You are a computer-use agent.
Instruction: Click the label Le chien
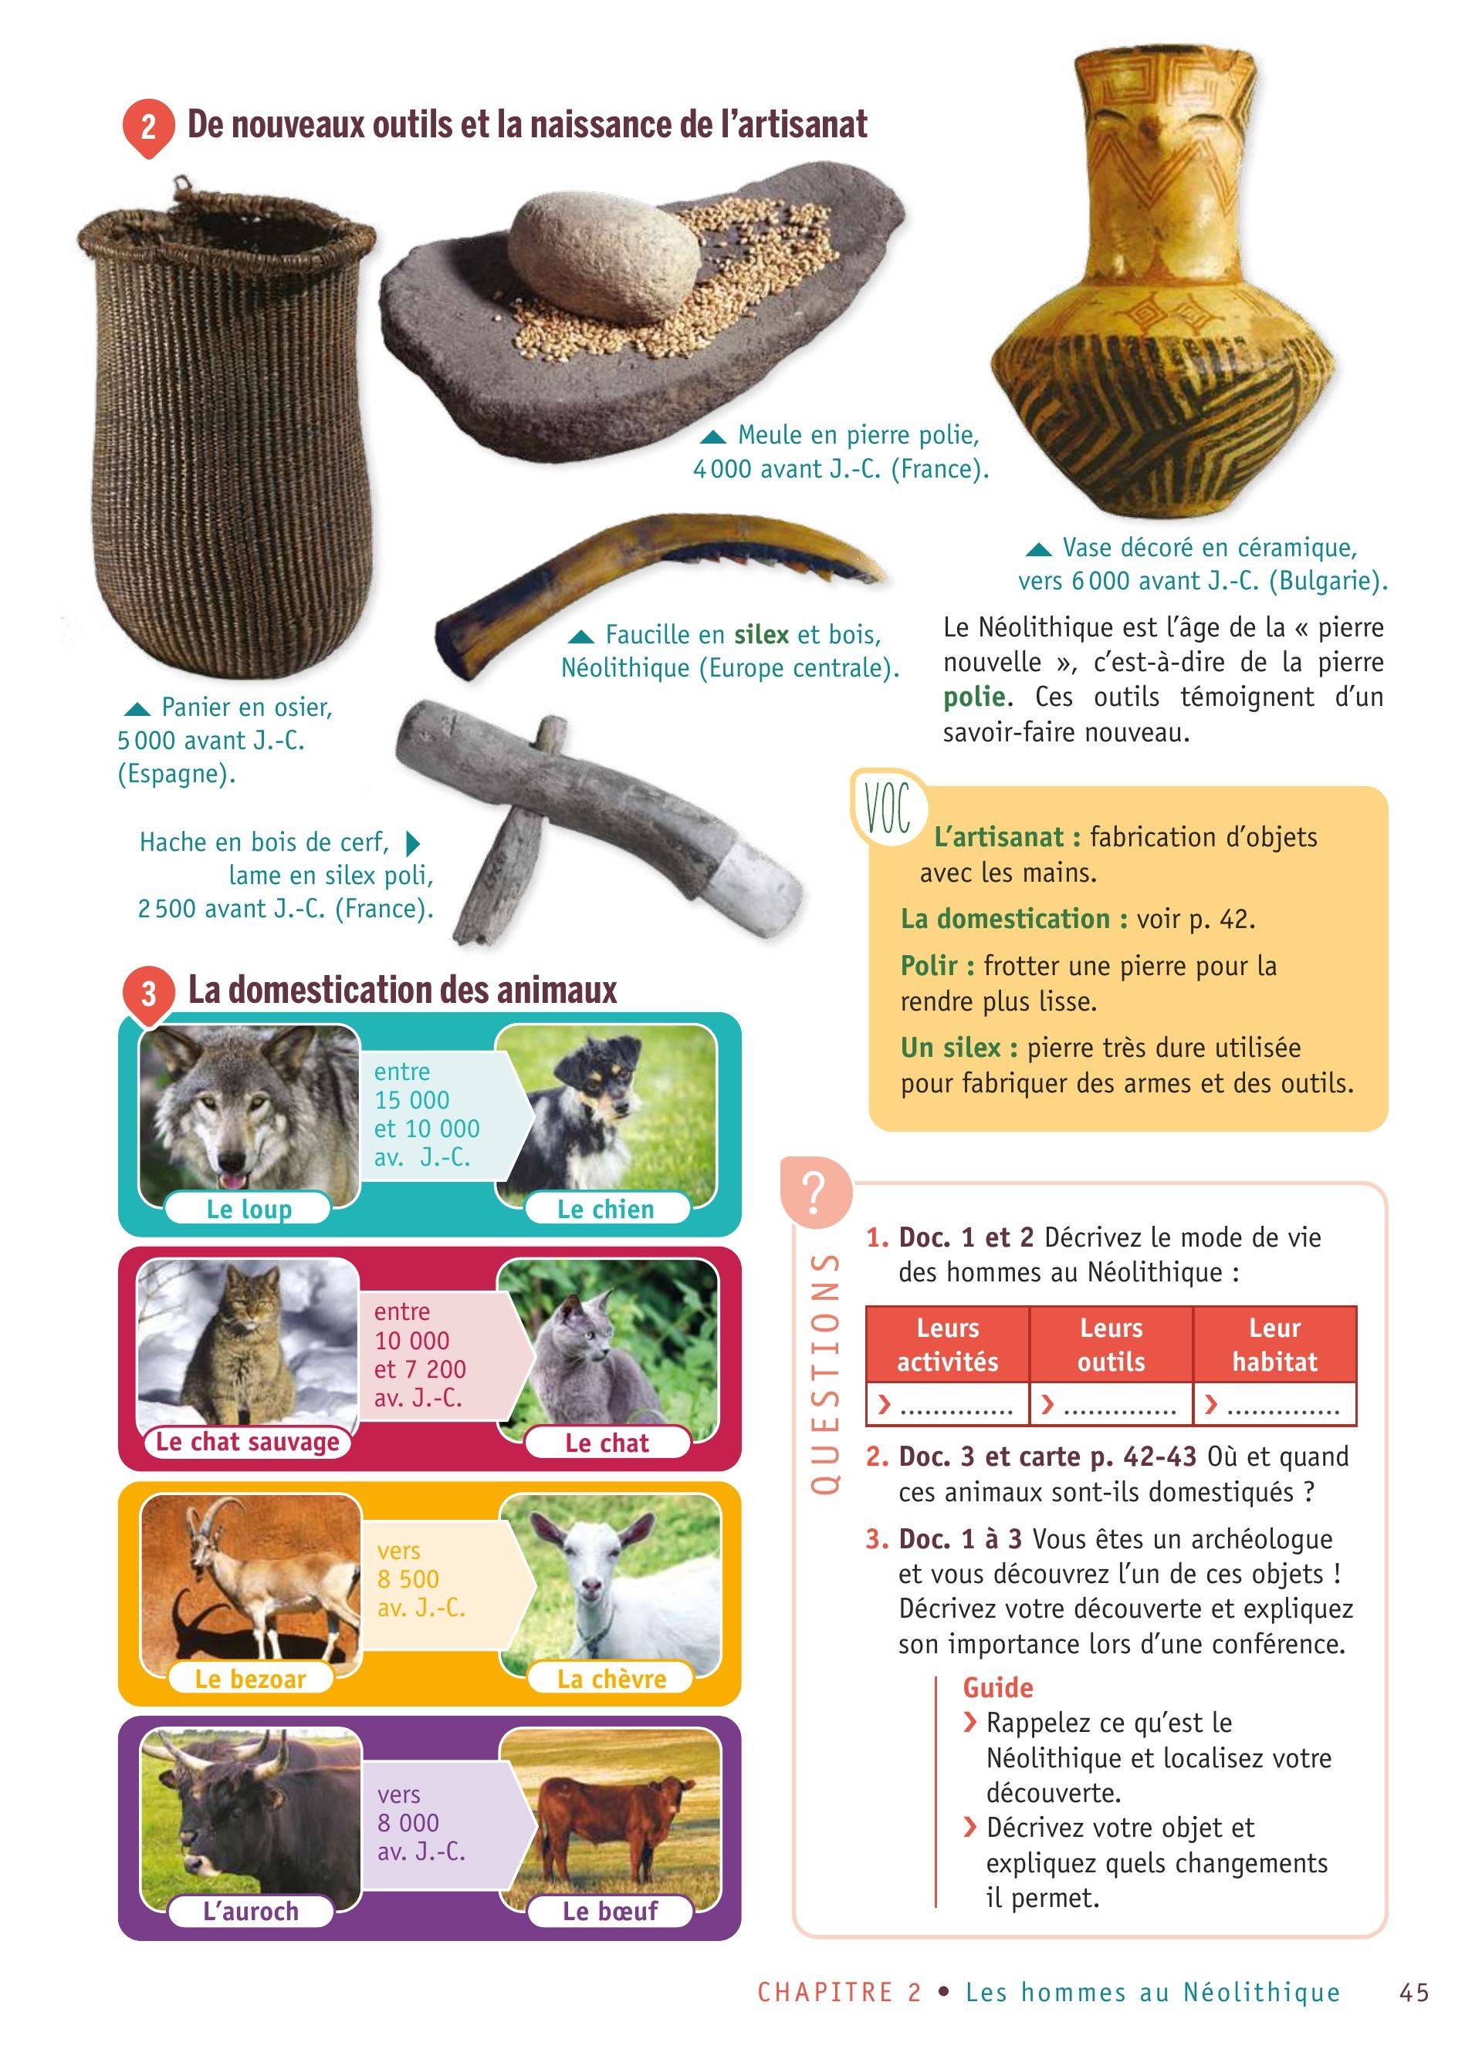coord(605,1209)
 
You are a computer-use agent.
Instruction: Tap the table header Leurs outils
coord(1111,1345)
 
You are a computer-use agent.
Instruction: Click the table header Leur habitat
coord(1274,1345)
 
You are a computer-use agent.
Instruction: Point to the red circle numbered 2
coord(148,127)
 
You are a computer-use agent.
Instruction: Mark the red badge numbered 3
coord(148,994)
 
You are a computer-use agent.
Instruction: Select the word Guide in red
coord(997,1688)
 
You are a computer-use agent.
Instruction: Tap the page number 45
coord(1414,1992)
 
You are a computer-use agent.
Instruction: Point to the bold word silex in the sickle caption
coord(762,634)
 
